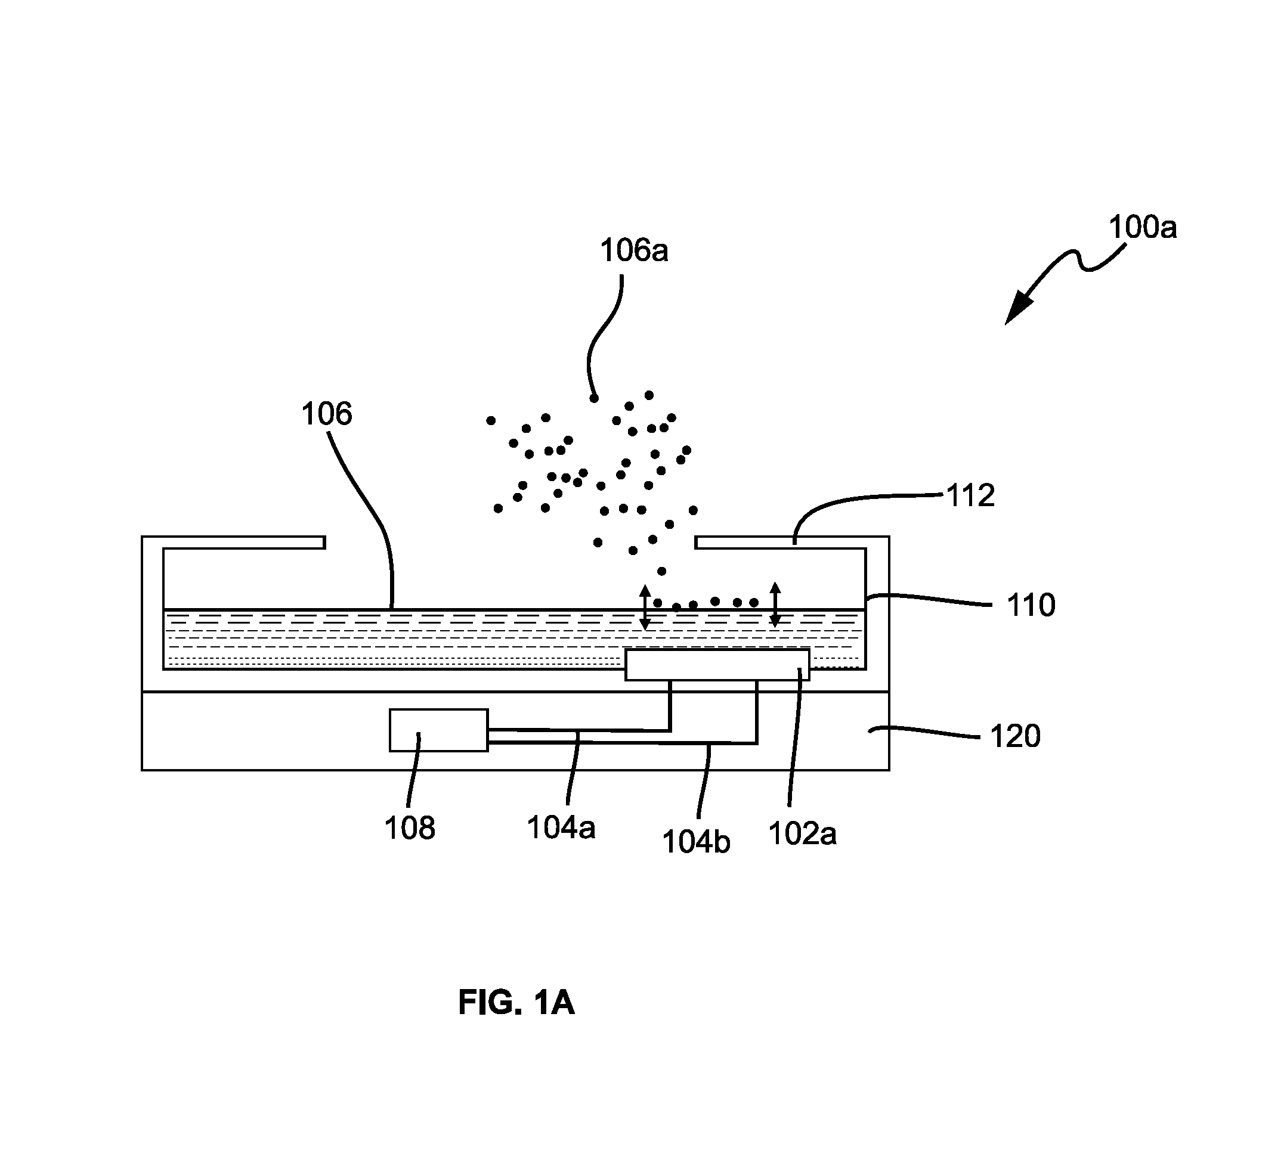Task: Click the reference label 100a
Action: [1143, 227]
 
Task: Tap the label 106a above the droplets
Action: [634, 250]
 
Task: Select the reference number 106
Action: [326, 414]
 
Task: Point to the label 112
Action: [970, 495]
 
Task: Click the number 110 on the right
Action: [1031, 605]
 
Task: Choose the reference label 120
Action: [1015, 736]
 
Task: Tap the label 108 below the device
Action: [409, 828]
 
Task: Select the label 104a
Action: [561, 827]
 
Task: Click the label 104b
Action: [696, 842]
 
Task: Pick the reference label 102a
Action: [802, 833]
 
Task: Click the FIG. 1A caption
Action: [516, 1003]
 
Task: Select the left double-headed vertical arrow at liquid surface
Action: [645, 608]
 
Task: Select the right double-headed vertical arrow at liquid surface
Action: [775, 605]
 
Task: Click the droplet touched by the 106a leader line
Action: [594, 398]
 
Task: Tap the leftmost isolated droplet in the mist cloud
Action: [490, 420]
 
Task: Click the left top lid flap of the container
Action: [245, 543]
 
